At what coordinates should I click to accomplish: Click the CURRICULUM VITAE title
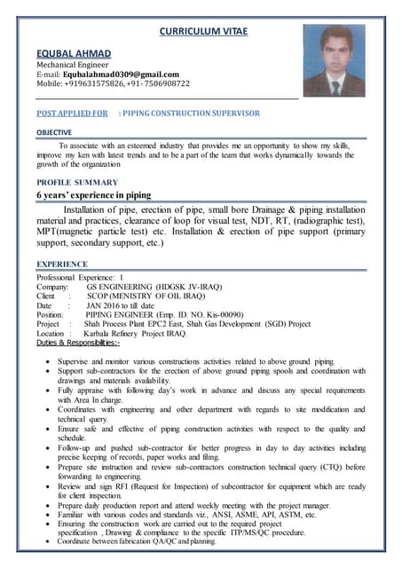pyautogui.click(x=202, y=32)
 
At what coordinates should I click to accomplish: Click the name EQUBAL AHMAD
pyautogui.click(x=74, y=54)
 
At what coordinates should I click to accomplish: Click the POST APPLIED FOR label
pyautogui.click(x=72, y=114)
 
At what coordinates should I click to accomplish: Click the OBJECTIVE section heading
pyautogui.click(x=54, y=132)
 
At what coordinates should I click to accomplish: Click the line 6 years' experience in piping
pyautogui.click(x=93, y=194)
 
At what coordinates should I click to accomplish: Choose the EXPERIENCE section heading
pyautogui.click(x=61, y=264)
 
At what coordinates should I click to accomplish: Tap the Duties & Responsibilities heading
pyautogui.click(x=78, y=343)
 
